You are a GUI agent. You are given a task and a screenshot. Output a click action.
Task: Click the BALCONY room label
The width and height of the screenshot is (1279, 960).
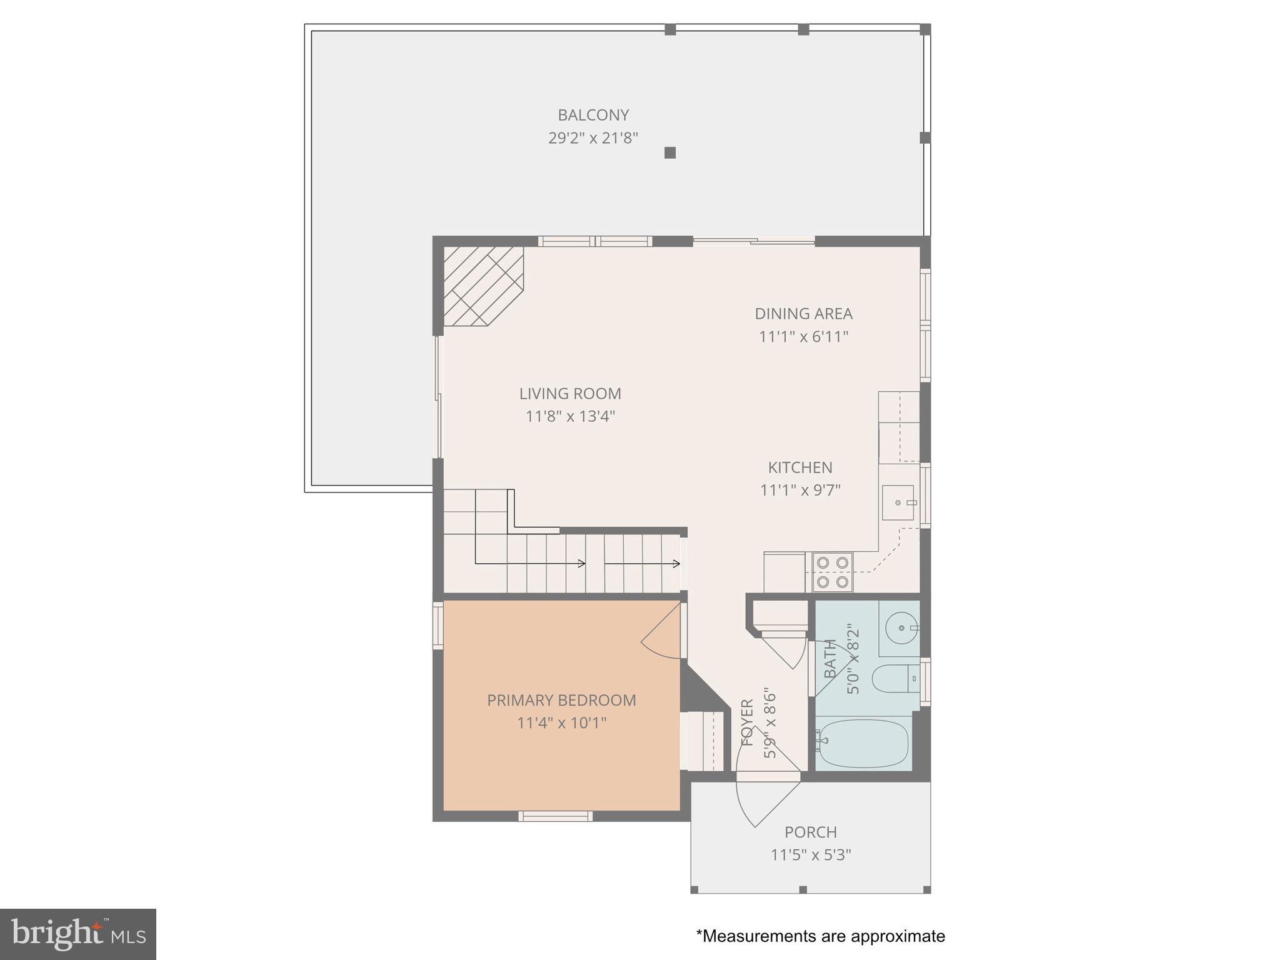pyautogui.click(x=593, y=115)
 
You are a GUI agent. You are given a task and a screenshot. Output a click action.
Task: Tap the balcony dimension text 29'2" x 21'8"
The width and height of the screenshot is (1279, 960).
pyautogui.click(x=593, y=138)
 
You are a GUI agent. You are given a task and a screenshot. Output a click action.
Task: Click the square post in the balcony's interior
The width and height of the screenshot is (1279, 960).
pyautogui.click(x=670, y=152)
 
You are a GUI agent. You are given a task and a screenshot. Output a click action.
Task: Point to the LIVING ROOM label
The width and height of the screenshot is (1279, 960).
pyautogui.click(x=570, y=394)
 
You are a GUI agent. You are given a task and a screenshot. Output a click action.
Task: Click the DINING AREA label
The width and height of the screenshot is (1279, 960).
pyautogui.click(x=803, y=314)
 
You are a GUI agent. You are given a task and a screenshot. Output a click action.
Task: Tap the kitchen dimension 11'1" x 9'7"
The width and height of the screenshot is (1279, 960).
pyautogui.click(x=800, y=491)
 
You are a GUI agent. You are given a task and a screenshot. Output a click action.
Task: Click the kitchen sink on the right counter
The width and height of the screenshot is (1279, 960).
pyautogui.click(x=898, y=502)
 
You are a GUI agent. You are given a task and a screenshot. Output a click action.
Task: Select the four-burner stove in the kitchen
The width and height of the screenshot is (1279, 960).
pyautogui.click(x=833, y=572)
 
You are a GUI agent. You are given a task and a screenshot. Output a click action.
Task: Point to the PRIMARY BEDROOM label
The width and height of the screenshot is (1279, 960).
pyautogui.click(x=561, y=701)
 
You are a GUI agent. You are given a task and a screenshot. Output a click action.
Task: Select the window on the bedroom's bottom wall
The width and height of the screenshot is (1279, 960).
pyautogui.click(x=555, y=816)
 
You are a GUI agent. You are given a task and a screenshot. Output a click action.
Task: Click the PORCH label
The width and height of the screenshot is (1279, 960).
pyautogui.click(x=811, y=832)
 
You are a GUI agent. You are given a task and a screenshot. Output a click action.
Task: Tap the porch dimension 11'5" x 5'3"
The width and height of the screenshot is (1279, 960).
pyautogui.click(x=811, y=855)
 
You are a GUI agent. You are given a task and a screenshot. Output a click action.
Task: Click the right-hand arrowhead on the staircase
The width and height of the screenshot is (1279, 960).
pyautogui.click(x=677, y=564)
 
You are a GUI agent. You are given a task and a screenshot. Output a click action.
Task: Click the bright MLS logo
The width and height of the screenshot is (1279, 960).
pyautogui.click(x=78, y=934)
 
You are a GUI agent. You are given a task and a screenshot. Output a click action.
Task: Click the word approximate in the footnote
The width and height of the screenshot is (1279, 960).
pyautogui.click(x=898, y=936)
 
